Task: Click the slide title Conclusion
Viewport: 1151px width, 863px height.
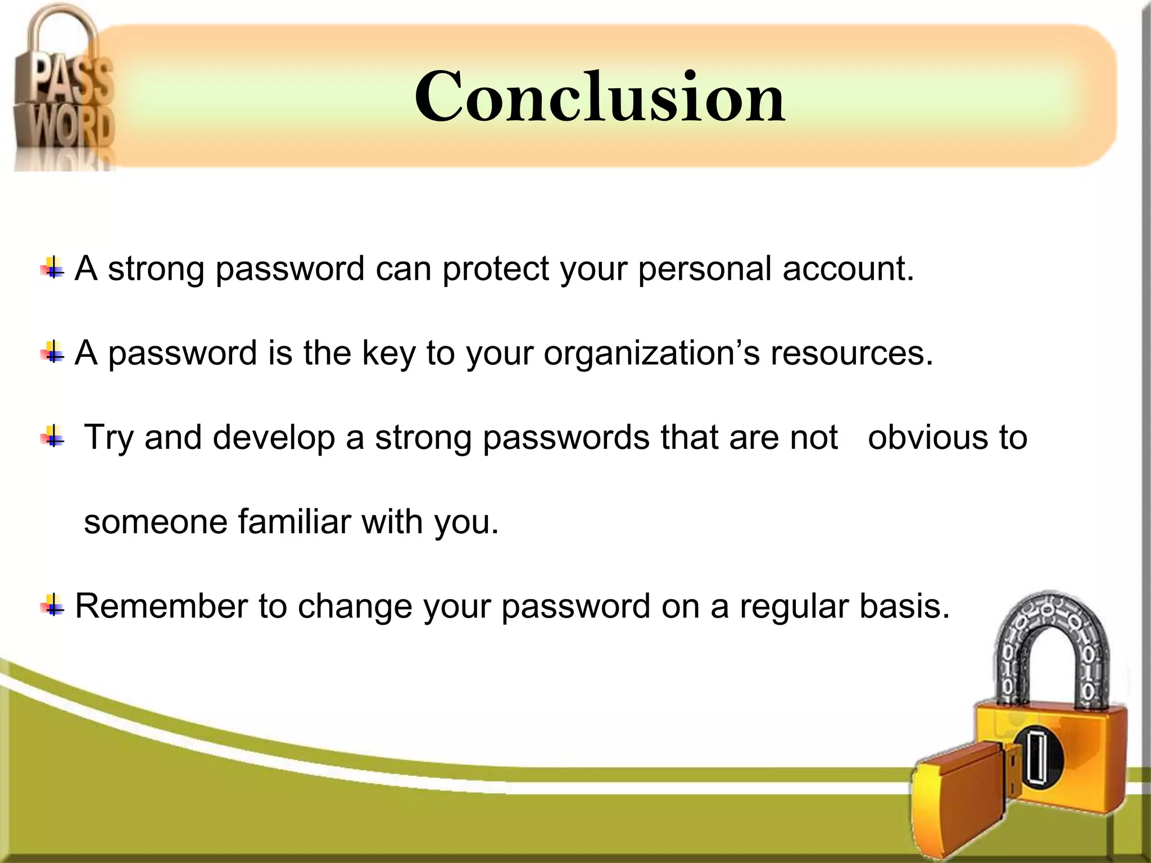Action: [x=600, y=97]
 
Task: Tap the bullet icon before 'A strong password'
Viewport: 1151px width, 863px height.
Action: [x=52, y=268]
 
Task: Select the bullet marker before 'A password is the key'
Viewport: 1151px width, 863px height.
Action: [x=52, y=353]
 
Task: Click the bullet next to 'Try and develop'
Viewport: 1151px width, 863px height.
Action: [x=52, y=437]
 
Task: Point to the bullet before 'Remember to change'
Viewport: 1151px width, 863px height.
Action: [x=52, y=606]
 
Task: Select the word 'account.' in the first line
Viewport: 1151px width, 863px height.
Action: [x=848, y=269]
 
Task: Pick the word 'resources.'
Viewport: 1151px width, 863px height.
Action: [x=852, y=354]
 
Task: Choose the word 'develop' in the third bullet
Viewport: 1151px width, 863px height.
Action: [x=274, y=438]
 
